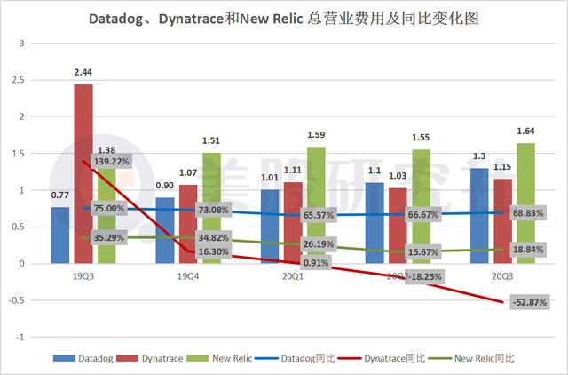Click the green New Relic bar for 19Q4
click(x=211, y=208)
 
